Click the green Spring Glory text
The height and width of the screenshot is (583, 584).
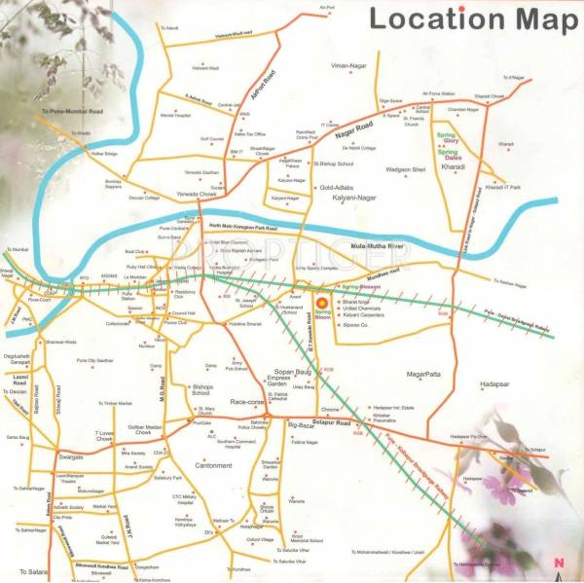click(448, 135)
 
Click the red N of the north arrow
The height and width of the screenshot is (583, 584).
click(558, 562)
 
